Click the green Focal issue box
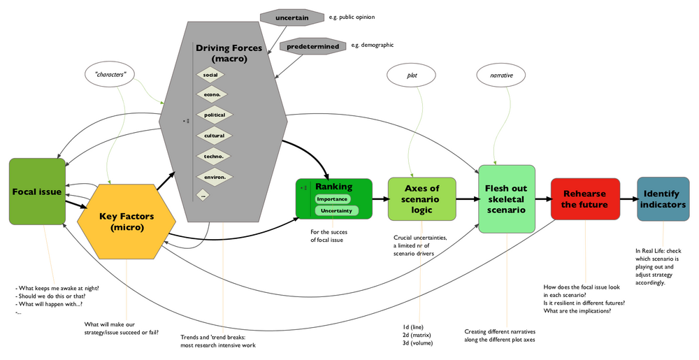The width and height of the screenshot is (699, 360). click(x=37, y=191)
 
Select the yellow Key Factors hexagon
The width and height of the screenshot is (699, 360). click(x=127, y=222)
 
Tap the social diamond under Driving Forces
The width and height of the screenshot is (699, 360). click(x=210, y=74)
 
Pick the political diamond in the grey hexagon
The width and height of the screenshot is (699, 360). click(x=215, y=115)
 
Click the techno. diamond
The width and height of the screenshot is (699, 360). click(x=214, y=157)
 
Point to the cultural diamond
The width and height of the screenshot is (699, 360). click(x=214, y=136)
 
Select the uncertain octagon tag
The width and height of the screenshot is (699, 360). click(x=292, y=16)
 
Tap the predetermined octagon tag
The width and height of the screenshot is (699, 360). click(x=312, y=46)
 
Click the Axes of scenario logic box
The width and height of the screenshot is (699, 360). click(x=421, y=199)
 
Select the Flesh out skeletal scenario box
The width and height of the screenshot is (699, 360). click(x=507, y=199)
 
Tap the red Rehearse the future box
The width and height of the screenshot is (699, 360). click(x=584, y=199)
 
